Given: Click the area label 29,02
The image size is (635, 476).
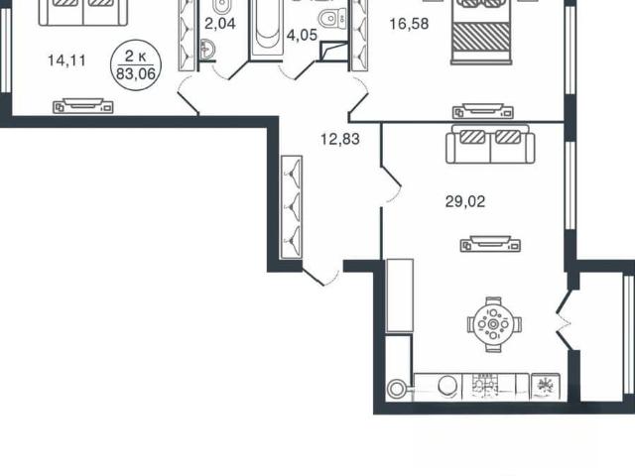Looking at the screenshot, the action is pos(465,201).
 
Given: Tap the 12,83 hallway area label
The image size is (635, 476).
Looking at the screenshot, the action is pos(339,139).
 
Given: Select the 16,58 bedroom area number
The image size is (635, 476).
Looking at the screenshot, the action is pos(409,24).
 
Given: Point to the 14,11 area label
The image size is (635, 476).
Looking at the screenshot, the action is pos(66,60).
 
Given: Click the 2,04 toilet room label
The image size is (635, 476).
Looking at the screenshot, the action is pos(220,24).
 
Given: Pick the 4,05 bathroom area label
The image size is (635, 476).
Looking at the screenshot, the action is pos(302,36).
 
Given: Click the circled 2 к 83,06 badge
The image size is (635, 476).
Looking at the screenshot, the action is pos(136,64).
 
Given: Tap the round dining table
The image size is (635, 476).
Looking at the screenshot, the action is pos(494,324).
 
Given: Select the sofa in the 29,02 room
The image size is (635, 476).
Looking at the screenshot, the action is pos(490,144).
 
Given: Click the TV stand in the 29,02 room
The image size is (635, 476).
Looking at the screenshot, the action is pos(490,244).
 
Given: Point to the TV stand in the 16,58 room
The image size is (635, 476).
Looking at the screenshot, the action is pos(483,111).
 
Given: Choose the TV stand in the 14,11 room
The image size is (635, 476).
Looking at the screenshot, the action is pos(83,105).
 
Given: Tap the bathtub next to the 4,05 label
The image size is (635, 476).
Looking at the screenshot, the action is pos(267,29).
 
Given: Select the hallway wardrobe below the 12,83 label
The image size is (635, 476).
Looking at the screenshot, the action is pos(292,207).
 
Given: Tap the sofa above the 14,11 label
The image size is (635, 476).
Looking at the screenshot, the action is pos(83,13).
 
